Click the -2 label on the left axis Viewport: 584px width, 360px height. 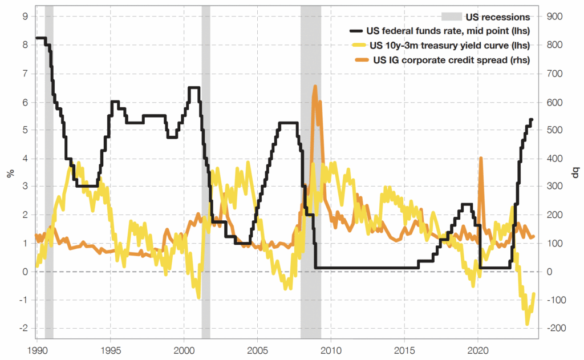[x=23, y=328]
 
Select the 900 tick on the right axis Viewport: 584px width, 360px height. [x=556, y=17]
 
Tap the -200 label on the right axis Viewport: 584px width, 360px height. [x=556, y=328]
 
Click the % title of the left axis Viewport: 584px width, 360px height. [x=10, y=172]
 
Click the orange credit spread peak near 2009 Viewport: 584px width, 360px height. [x=315, y=87]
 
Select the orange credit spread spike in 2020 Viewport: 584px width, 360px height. [x=481, y=158]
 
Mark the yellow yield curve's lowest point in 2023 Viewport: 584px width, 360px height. [x=527, y=324]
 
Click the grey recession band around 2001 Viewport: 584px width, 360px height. [x=206, y=171]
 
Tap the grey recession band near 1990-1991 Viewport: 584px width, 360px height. [x=49, y=171]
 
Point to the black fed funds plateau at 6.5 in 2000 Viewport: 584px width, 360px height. [x=193, y=88]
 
